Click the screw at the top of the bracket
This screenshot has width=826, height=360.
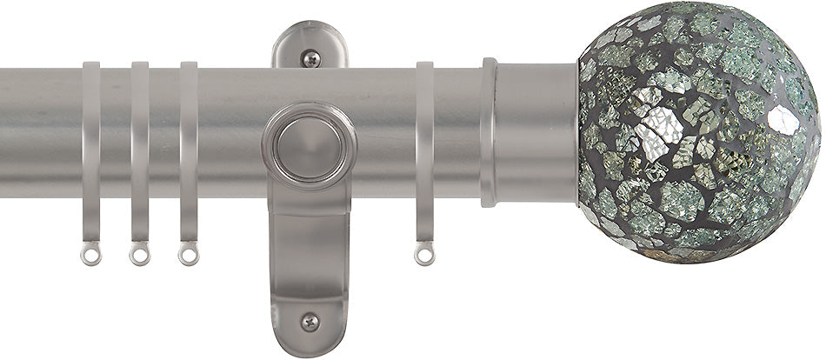click(310, 59)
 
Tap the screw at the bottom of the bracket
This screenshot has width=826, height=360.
click(310, 321)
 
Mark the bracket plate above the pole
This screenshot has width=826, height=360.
click(310, 48)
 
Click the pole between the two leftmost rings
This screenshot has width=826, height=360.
click(115, 130)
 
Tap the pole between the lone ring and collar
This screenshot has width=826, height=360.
click(457, 130)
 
